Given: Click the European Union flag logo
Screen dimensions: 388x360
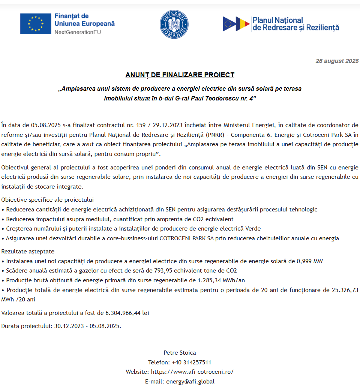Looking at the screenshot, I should (36, 24).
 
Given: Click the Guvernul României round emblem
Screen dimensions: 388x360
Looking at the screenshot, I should (174, 24).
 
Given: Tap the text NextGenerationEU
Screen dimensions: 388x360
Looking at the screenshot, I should (78, 32).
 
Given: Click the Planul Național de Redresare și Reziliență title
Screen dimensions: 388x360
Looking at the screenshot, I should (295, 24).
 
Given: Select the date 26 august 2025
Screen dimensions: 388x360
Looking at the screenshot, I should (337, 61).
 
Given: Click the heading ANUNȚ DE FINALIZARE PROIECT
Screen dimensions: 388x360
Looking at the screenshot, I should (180, 75).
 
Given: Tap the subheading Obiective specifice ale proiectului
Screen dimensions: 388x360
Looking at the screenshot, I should (48, 199).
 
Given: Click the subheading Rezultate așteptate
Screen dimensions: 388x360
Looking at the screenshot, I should (28, 251).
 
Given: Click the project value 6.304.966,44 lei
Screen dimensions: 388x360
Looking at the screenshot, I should (127, 313).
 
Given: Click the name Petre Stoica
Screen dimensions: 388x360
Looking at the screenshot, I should (180, 352).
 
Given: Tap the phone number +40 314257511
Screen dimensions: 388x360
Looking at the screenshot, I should (191, 362).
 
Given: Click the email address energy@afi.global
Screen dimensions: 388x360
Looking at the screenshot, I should (190, 381).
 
